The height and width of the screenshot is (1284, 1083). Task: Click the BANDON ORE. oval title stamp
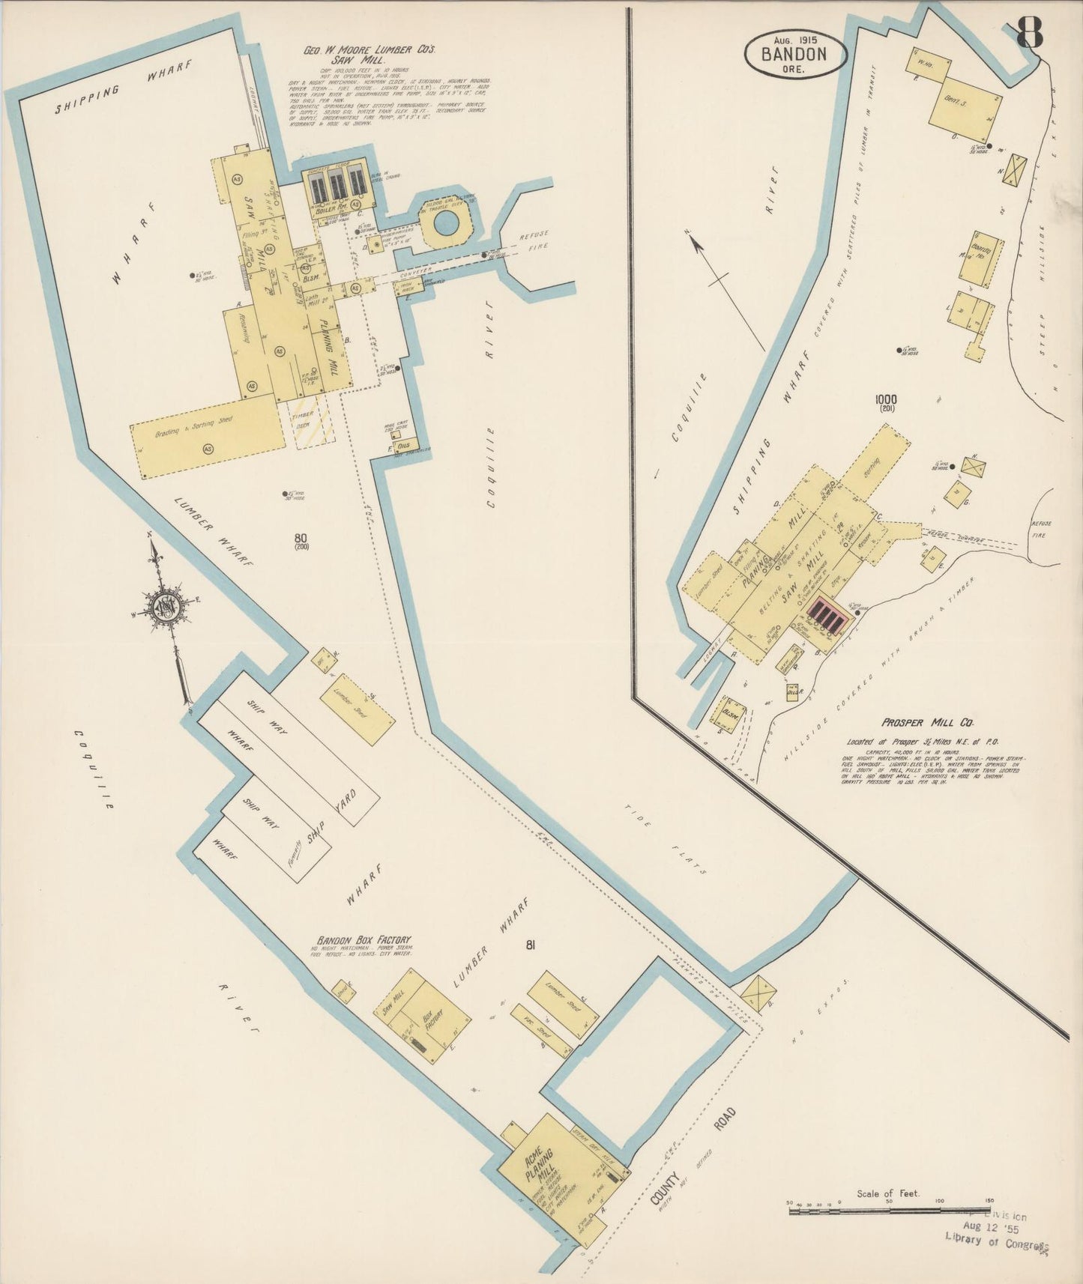point(794,54)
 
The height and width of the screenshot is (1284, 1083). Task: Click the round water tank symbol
point(444,221)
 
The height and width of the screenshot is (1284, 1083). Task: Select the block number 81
point(530,945)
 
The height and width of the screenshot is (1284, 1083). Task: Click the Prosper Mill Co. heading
point(926,722)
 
